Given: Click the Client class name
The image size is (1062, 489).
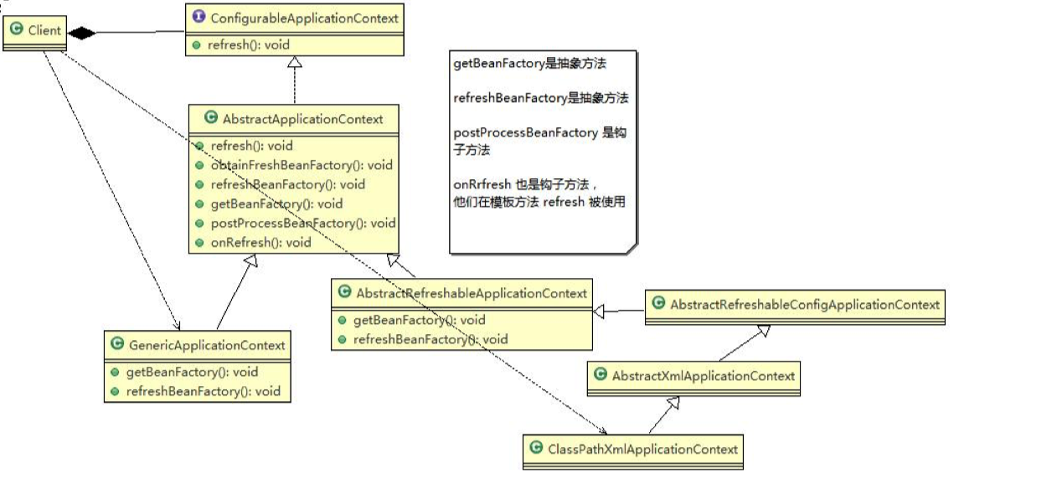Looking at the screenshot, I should [44, 31].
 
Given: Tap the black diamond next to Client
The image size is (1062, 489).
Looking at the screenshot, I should [80, 33].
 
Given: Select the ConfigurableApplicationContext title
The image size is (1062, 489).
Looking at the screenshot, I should [304, 18].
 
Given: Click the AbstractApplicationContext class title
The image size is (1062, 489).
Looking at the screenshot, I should [302, 119].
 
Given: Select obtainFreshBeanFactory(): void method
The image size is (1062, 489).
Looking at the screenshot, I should [300, 165].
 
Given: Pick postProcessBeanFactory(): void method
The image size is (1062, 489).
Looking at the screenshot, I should [302, 223].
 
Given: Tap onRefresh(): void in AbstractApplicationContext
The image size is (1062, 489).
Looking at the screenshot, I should [259, 243].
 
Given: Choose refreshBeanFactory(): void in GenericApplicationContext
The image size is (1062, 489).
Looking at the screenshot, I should [203, 391].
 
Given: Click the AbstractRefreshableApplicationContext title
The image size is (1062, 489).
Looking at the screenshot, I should [472, 293].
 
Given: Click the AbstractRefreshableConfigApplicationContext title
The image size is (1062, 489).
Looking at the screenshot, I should [805, 305].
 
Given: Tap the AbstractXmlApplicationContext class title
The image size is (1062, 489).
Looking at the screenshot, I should [703, 376].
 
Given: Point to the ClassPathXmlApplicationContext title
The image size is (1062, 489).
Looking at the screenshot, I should [642, 449].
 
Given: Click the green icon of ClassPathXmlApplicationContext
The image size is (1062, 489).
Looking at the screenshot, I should [535, 449].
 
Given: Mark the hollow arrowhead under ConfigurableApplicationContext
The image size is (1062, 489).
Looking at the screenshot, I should [295, 64].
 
